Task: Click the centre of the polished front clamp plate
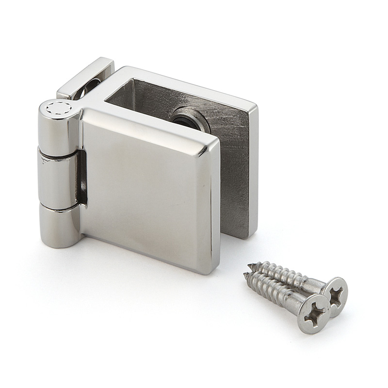coord(145,189)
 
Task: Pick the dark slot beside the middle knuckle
coord(83,179)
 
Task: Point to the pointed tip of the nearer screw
coord(245,275)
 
